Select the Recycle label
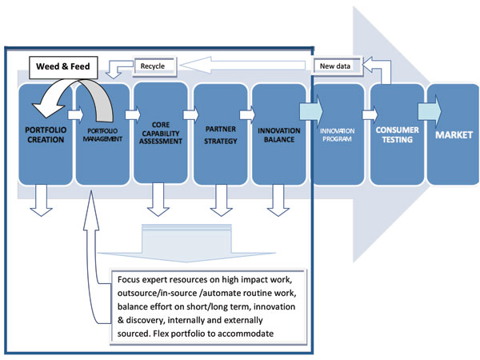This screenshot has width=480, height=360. tap(153, 65)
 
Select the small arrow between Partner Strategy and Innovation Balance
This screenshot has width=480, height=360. tap(247, 113)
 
